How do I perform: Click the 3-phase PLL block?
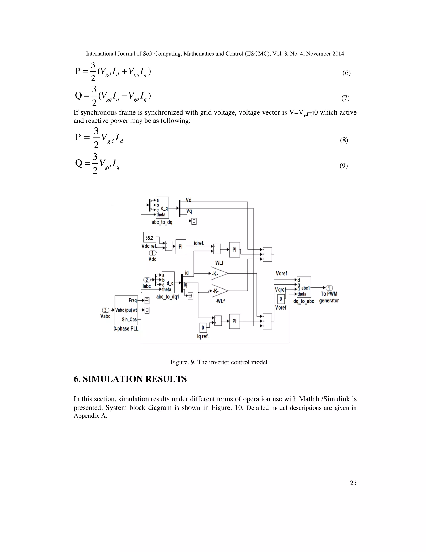tap(126, 310)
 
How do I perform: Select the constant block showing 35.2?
tap(149, 238)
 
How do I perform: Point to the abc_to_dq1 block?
tap(168, 282)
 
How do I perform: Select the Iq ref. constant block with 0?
tap(203, 328)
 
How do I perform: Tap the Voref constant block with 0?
tap(281, 299)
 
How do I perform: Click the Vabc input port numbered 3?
tap(106, 310)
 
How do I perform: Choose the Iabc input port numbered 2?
tap(147, 280)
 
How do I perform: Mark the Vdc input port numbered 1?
tap(152, 253)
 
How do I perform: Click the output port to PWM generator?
tap(329, 288)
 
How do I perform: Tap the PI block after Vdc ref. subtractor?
tap(180, 246)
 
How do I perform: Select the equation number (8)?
tap(344, 140)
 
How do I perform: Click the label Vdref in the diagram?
tap(281, 274)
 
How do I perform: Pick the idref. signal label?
tap(199, 243)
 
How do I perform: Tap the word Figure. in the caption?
tap(179, 362)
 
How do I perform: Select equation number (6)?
tap(346, 73)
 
